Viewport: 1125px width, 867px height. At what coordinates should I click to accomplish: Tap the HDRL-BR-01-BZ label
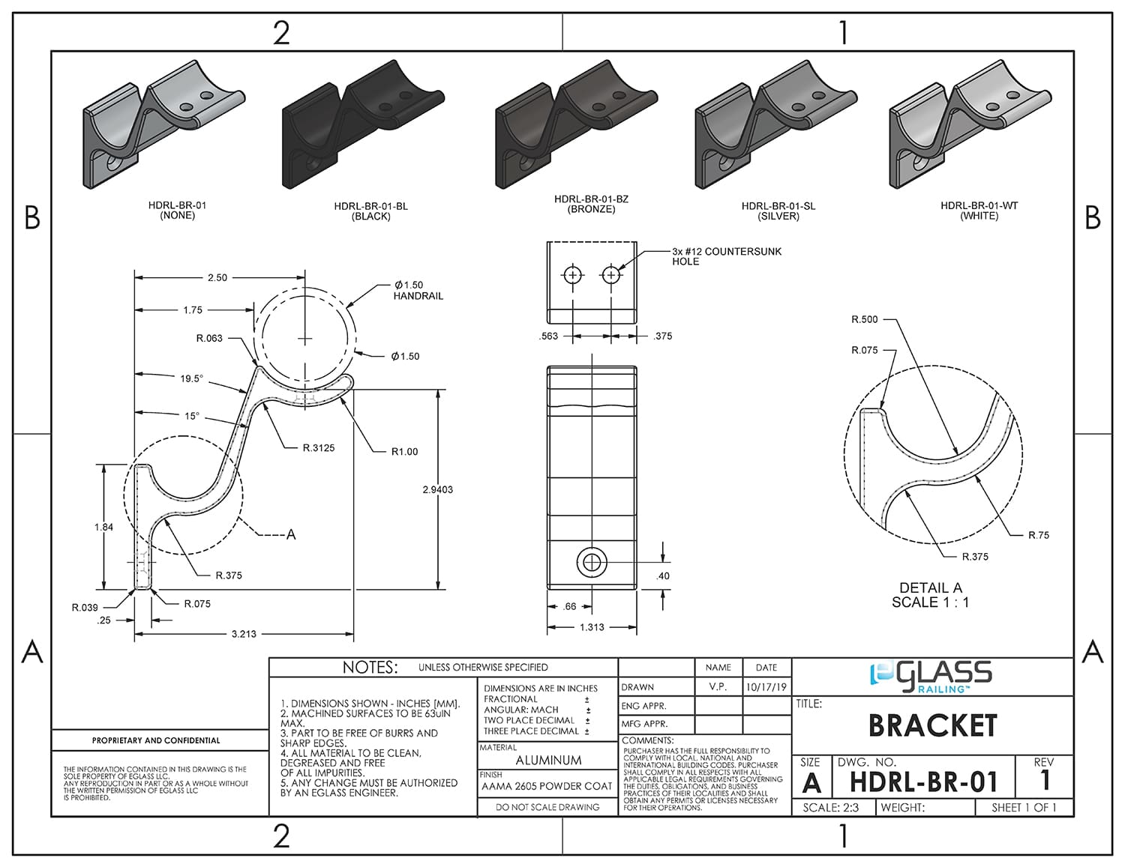coord(591,199)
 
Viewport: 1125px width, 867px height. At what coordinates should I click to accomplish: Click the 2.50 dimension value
coord(217,278)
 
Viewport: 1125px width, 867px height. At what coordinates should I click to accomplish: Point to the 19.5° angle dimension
coord(191,379)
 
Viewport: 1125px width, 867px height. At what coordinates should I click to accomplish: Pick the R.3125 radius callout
coord(319,448)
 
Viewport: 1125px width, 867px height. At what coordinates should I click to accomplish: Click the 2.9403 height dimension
coord(437,490)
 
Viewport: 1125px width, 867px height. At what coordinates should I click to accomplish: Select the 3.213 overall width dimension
coord(244,634)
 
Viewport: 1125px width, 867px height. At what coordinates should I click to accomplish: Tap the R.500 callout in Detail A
coord(864,320)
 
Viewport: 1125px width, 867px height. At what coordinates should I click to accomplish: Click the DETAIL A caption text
coord(930,588)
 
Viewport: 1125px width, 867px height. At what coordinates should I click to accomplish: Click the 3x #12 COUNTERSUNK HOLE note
coord(726,256)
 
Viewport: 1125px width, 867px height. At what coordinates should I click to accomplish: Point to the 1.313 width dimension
coord(591,627)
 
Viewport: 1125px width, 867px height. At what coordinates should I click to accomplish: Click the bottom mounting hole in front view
coord(592,561)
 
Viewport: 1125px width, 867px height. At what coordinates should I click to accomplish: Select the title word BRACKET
coord(932,725)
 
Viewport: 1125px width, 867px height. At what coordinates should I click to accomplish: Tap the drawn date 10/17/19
coord(766,687)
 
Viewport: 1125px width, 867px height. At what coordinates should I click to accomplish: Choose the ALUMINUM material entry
coord(548,760)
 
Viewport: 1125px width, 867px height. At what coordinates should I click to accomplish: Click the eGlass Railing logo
coord(931,674)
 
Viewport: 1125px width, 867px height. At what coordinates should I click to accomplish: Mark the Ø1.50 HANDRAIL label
coord(418,290)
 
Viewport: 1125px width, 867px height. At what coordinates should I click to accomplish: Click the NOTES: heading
coord(370,667)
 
